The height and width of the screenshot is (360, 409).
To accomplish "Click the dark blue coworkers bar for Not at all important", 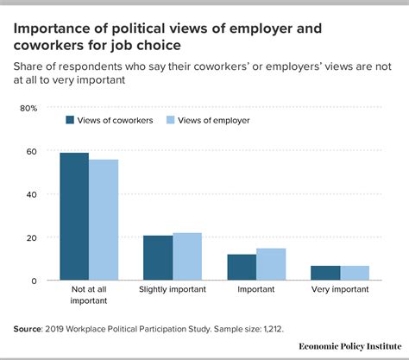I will point(74,217).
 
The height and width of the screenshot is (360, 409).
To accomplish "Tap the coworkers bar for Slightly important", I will point(158,258).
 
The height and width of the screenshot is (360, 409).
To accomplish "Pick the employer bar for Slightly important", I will point(187,256).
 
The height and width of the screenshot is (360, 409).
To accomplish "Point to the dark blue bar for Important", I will point(242,268).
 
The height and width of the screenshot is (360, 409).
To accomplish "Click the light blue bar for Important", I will point(271,264).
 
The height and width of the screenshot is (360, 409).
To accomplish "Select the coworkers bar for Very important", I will point(325,273).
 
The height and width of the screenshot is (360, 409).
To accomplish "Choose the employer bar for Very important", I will point(355,273).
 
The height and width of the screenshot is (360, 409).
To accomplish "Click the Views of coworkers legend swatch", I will point(69,120).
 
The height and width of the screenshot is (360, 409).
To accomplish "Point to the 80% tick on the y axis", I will point(28,109).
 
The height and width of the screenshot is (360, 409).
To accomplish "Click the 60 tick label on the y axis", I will point(31,152).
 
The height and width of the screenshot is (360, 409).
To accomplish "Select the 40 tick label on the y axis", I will point(31,195).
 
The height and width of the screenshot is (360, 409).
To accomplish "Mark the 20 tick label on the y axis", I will point(31,238).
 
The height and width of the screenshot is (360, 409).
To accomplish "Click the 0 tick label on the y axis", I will point(34,281).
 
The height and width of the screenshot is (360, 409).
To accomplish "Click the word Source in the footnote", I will point(30,329).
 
